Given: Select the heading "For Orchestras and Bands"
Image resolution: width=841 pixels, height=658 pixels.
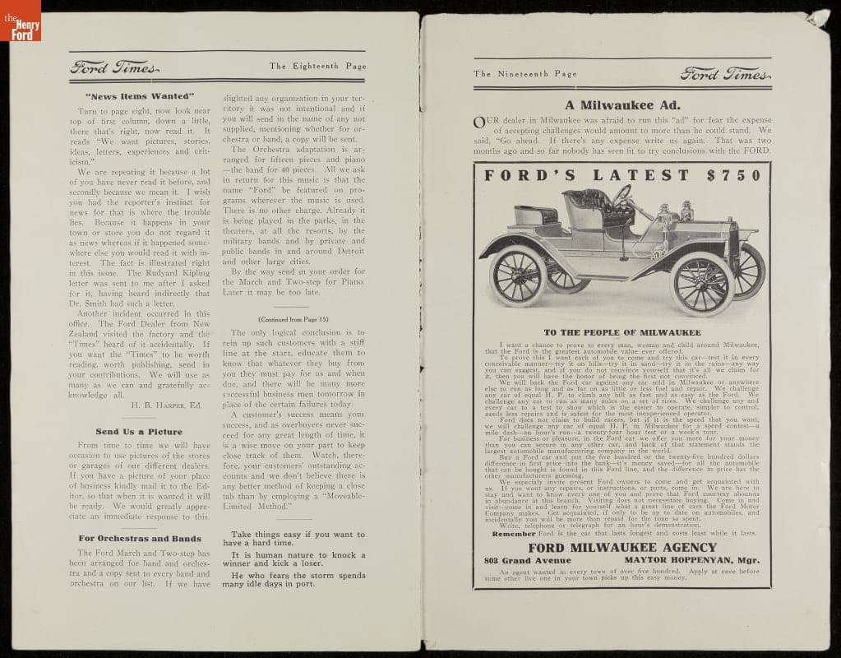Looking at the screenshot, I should click(x=139, y=539).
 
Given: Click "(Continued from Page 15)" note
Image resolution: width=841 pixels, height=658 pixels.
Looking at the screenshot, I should click(x=293, y=318).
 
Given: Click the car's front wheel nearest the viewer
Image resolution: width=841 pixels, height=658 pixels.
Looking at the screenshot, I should click(x=701, y=285).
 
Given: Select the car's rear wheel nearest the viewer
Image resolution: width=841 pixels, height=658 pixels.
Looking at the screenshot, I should click(x=518, y=276).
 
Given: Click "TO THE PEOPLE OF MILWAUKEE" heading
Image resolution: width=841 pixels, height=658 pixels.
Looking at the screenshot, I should click(x=622, y=332).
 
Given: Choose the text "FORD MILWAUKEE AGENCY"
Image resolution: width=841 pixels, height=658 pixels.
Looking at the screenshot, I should click(x=622, y=548).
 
